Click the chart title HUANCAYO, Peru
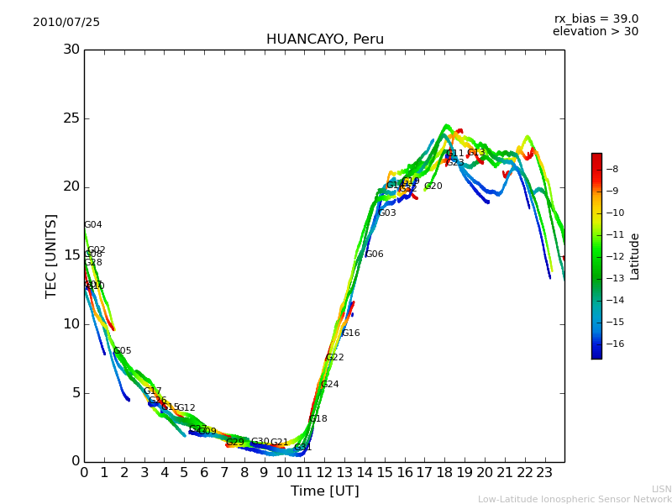point(324,39)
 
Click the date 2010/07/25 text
point(66,23)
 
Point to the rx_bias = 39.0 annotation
point(596,19)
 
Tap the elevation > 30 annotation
point(595,32)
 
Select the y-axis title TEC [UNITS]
point(52,255)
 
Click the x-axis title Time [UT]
point(324,491)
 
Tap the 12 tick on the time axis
point(324,472)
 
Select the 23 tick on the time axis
point(544,472)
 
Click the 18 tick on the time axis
point(444,472)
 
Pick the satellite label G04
point(93,225)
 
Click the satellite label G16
point(350,333)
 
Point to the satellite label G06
point(374,255)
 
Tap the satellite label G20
point(433,186)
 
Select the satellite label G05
point(123,351)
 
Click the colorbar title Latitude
point(635,256)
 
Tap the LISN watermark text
point(661,489)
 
